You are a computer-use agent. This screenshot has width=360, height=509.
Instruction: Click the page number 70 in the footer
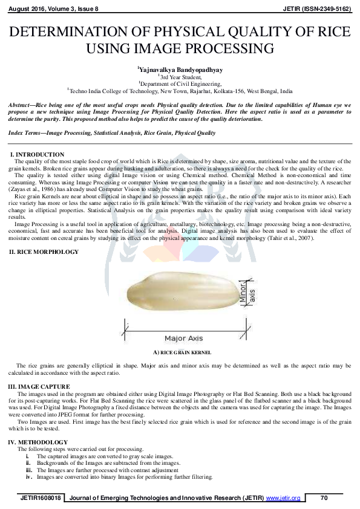point(324,498)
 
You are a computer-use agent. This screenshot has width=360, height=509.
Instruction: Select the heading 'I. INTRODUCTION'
point(38,155)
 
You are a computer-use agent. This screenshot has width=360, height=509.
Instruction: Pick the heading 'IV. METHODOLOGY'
point(38,443)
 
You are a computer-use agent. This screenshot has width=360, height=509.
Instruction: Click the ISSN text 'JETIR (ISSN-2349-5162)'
point(318,8)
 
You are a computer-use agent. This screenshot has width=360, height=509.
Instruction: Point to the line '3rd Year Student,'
point(181,77)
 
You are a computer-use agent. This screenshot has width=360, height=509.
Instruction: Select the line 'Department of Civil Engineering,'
point(181,84)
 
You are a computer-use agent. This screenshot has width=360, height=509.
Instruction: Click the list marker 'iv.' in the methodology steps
point(28,476)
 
